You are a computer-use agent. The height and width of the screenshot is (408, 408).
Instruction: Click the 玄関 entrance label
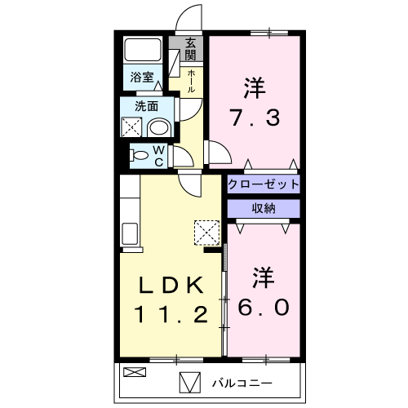pos(190,49)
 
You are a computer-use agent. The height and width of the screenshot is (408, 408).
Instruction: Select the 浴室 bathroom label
pos(142,78)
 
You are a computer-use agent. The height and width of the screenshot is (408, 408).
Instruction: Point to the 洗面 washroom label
pos(147,105)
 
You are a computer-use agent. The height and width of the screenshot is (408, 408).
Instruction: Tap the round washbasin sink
pos(160,127)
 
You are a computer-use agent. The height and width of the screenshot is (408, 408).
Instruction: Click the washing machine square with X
pos(131,127)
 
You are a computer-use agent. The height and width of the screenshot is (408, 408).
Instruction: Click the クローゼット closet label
pos(264,184)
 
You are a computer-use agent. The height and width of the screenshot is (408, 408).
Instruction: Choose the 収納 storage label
pos(264,208)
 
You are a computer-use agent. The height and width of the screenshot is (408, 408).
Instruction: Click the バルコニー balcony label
pos(242,382)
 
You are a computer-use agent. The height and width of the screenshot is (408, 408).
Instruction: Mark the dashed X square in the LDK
pos(207,233)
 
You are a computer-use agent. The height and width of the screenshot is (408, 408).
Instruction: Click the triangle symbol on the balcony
pos(188,382)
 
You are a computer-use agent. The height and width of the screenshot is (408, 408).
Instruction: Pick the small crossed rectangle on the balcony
pos(132,372)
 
